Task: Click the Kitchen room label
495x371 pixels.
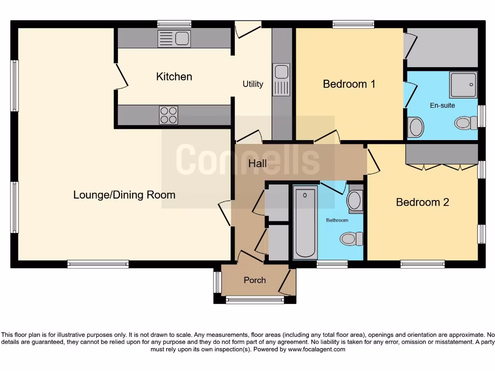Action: (x=174, y=77)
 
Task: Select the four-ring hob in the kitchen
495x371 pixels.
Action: (x=168, y=115)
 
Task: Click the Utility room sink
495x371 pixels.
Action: (x=281, y=79)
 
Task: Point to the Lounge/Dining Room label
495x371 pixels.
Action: (x=124, y=195)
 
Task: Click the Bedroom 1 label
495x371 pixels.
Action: (x=349, y=84)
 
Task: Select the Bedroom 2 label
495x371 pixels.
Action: (x=422, y=202)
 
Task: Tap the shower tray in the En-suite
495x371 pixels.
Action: (x=463, y=85)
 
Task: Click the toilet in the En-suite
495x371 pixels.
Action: (x=466, y=123)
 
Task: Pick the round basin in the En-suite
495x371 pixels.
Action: (x=416, y=128)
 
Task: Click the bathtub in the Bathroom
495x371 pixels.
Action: (x=305, y=222)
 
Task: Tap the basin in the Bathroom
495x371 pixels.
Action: (x=355, y=200)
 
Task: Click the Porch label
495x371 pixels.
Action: (x=255, y=280)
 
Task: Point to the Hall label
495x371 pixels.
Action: (x=257, y=164)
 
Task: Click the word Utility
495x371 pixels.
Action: (x=253, y=84)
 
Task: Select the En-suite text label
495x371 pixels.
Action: (x=442, y=105)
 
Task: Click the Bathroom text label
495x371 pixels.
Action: (x=337, y=220)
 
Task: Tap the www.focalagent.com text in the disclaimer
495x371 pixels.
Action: (x=317, y=349)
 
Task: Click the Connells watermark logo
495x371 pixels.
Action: (x=247, y=159)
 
